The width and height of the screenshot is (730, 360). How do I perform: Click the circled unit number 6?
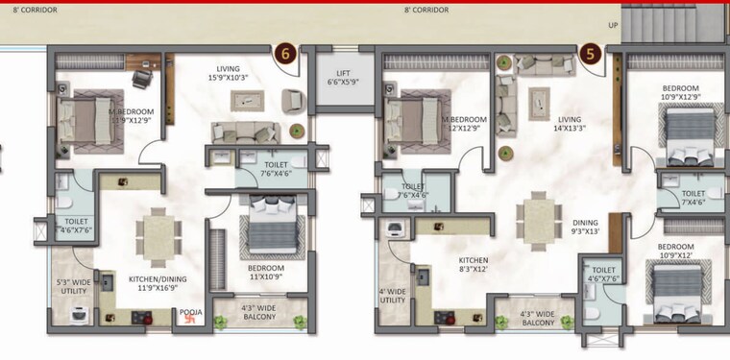point(284,54)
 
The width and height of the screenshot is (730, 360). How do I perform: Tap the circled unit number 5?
point(592,54)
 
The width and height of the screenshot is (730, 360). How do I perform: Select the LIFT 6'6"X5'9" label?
point(343,78)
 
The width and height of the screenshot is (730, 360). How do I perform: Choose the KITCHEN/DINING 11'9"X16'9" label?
point(158,283)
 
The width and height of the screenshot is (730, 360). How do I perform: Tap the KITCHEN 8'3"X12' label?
point(473,266)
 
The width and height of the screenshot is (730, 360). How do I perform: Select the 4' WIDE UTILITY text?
point(391,296)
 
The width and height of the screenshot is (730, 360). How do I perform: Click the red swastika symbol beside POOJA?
point(178,323)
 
